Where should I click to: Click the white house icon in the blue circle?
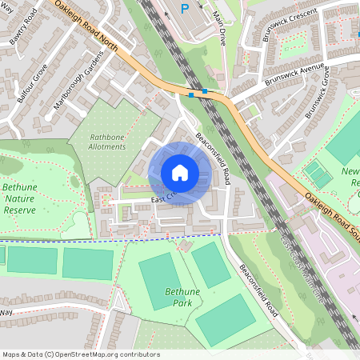[179, 173]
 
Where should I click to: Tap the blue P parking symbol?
[185, 10]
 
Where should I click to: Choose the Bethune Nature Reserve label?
[20, 198]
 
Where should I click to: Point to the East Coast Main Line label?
[304, 269]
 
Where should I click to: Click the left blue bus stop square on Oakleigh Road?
[191, 94]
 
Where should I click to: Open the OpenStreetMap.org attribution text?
[81, 353]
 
